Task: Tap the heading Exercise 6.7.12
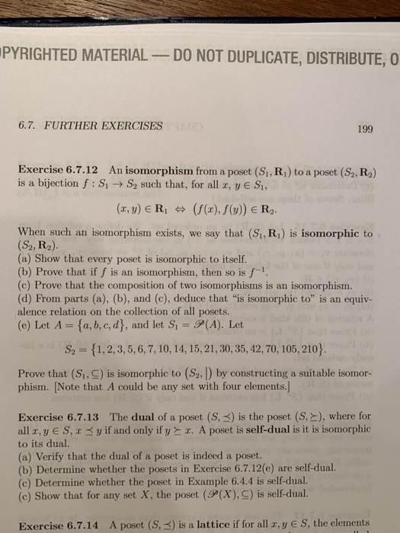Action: coord(58,171)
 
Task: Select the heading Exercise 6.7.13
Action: coord(58,417)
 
